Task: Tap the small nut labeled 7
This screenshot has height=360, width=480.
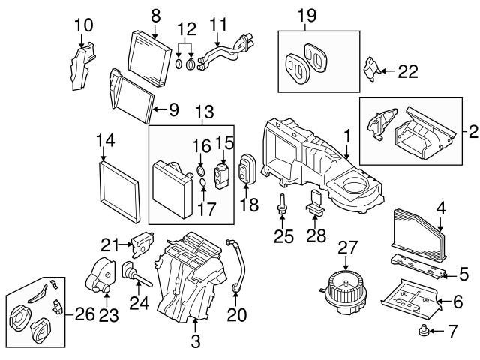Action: coord(424,331)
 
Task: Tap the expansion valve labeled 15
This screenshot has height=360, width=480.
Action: coord(222,170)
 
